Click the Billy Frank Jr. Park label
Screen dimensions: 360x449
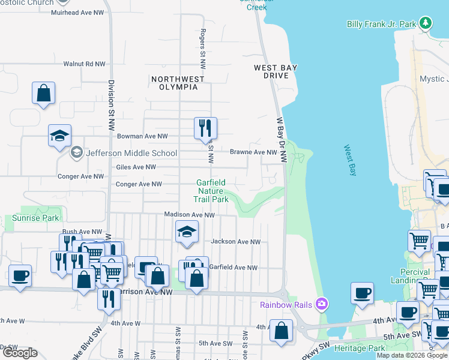pos(381,24)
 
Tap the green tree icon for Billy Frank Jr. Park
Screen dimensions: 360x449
pos(426,23)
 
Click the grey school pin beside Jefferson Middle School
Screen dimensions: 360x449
pos(76,153)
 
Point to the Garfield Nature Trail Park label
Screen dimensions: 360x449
pos(211,191)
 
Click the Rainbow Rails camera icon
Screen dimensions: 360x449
pos(322,304)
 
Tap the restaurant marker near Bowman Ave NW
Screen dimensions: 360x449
pos(205,128)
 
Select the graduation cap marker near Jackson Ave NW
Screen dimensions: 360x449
pos(187,232)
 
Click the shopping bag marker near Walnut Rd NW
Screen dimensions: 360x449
pos(43,93)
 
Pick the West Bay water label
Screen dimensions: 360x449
pos(350,161)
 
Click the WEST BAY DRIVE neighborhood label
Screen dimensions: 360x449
pos(276,71)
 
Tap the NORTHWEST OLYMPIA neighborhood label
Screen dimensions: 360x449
pos(178,83)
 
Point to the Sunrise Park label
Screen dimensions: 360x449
pos(36,218)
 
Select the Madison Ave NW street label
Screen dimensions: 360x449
pos(190,215)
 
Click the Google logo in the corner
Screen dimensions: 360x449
pos(20,353)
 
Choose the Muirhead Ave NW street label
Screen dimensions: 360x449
pos(78,12)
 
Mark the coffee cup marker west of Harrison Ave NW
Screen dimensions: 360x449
pos(20,276)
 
